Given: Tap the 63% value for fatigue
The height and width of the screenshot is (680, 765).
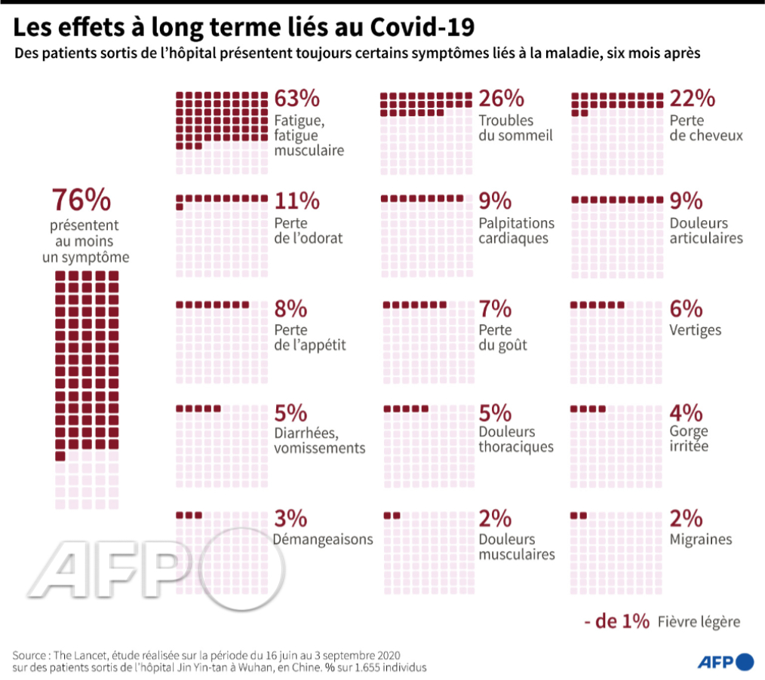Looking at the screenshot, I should (x=297, y=99).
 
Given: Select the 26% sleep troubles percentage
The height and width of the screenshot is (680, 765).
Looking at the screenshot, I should (x=502, y=99).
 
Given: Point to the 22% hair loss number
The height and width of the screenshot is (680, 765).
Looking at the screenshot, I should (x=692, y=99).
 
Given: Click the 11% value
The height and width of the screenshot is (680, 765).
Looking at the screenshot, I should (x=296, y=201).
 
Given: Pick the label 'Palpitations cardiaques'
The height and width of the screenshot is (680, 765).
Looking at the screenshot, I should (x=516, y=231).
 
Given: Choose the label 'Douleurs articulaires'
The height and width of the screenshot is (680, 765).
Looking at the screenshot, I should (x=706, y=231).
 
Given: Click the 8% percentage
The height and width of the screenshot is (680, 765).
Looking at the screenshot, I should (x=290, y=309).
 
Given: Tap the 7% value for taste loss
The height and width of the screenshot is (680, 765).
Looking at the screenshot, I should (x=496, y=309).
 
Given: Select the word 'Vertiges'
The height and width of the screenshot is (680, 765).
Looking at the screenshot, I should (x=695, y=330).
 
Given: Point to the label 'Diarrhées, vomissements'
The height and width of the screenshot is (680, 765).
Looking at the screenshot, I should (x=320, y=440).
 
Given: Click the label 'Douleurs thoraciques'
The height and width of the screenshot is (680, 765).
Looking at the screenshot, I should (x=516, y=440).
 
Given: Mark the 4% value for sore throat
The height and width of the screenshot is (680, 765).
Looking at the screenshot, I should (x=687, y=414).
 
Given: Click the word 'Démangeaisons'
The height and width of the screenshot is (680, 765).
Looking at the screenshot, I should (x=324, y=540).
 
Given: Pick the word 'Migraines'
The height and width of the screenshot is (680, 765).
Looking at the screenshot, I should (x=701, y=540).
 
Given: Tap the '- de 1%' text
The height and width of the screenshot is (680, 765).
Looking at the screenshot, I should (x=616, y=621).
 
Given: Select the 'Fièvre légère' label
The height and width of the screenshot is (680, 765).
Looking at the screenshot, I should (x=699, y=622).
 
